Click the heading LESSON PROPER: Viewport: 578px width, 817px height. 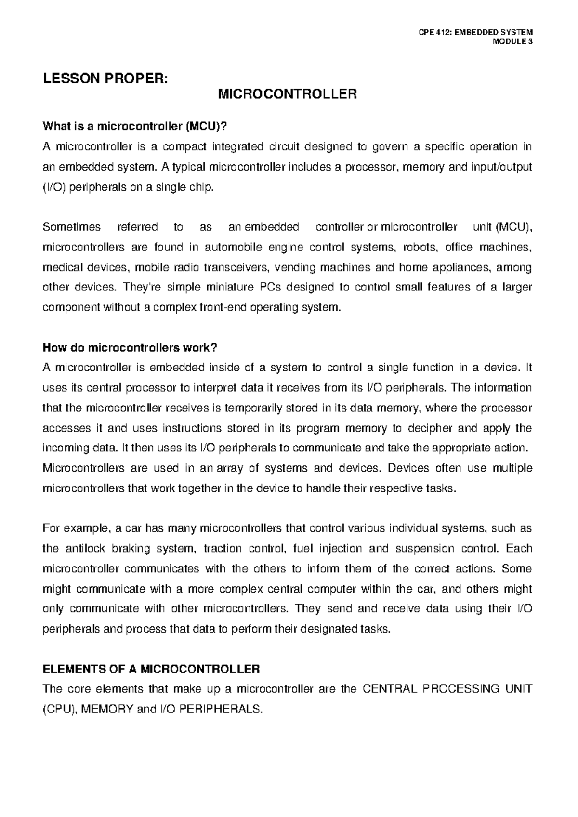105,78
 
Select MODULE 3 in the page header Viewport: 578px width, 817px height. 512,41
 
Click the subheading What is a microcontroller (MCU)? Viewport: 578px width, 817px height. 134,127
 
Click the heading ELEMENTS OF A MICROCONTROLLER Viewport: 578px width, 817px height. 151,669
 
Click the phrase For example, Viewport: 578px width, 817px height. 77,528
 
